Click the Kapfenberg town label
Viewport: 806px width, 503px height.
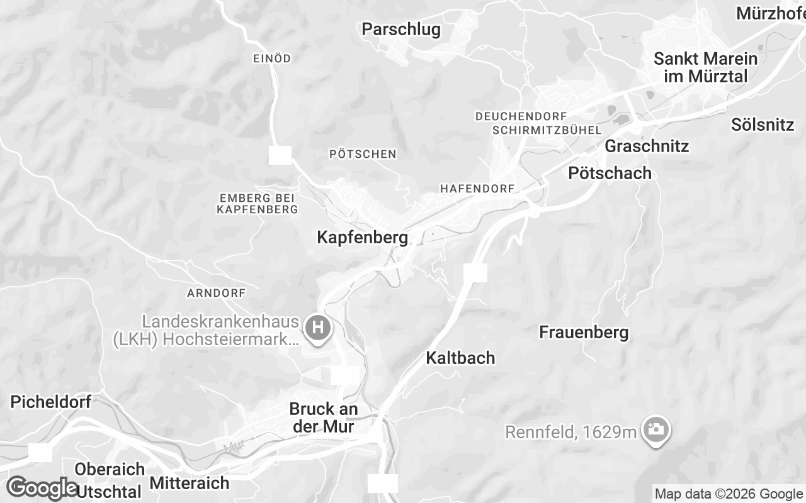pyautogui.click(x=362, y=238)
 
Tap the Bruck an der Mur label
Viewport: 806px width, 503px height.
pyautogui.click(x=324, y=417)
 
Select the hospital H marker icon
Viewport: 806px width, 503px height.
pyautogui.click(x=318, y=328)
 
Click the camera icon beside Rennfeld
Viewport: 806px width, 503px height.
pyautogui.click(x=656, y=429)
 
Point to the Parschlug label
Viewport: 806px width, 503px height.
pyautogui.click(x=401, y=30)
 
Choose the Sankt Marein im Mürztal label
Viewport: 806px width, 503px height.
pyautogui.click(x=705, y=67)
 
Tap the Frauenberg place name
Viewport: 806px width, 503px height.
pyautogui.click(x=584, y=333)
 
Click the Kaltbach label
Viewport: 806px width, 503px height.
pyautogui.click(x=460, y=358)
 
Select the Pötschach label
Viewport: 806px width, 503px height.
pyautogui.click(x=610, y=174)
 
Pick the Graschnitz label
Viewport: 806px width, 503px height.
pyautogui.click(x=647, y=146)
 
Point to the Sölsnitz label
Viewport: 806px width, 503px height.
pyautogui.click(x=763, y=124)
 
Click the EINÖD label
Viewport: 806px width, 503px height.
pyautogui.click(x=271, y=58)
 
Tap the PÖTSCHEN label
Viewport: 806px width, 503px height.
pyautogui.click(x=363, y=154)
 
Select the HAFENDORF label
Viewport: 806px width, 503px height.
pyautogui.click(x=477, y=189)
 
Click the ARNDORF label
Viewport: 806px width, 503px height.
pyautogui.click(x=216, y=293)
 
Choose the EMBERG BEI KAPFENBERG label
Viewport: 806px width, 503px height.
pyautogui.click(x=257, y=203)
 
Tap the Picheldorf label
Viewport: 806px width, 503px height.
pyautogui.click(x=51, y=402)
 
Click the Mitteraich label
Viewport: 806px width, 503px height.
pyautogui.click(x=190, y=484)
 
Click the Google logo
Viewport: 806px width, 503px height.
pyautogui.click(x=42, y=488)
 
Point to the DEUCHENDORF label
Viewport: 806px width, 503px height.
pyautogui.click(x=521, y=116)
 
